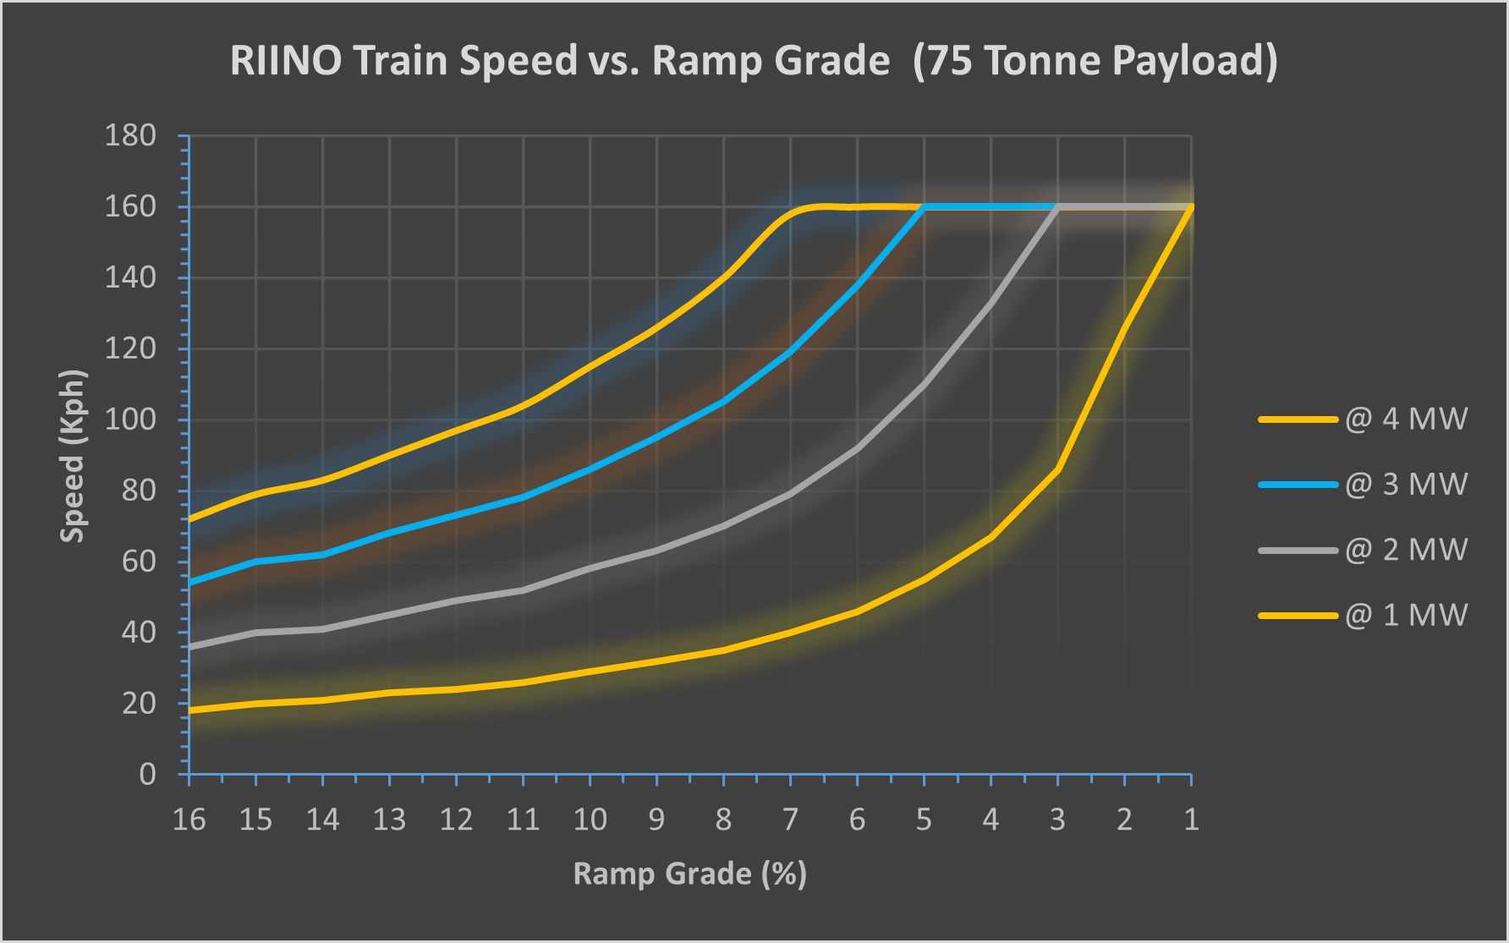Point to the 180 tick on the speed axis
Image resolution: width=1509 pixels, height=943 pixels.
click(130, 135)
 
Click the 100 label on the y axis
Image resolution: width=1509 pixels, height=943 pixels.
click(130, 419)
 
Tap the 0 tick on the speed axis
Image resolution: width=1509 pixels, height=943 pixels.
click(147, 774)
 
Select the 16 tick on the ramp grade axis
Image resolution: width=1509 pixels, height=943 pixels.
click(189, 819)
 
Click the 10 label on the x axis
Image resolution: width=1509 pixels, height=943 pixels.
click(590, 819)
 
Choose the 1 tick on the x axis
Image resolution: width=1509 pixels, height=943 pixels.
click(1191, 819)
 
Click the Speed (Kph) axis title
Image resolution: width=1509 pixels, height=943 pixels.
click(74, 456)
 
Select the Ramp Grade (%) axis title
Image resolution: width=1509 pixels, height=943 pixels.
click(689, 874)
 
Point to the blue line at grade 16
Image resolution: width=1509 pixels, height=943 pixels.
click(190, 582)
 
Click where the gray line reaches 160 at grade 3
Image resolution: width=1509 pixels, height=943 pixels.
click(1057, 207)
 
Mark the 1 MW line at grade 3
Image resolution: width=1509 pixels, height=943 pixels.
click(1057, 470)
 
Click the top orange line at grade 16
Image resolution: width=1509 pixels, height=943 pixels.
click(190, 518)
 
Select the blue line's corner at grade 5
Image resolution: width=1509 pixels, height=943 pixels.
click(924, 207)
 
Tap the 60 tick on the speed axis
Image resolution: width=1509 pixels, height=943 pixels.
click(139, 561)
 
